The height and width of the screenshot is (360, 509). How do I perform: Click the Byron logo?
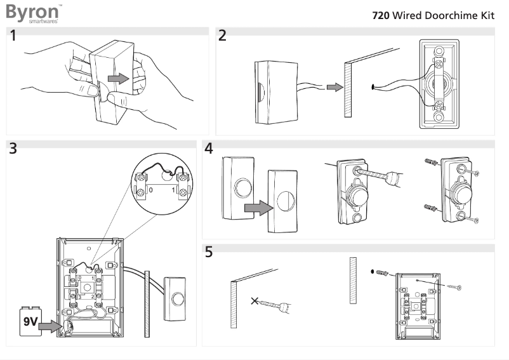33,13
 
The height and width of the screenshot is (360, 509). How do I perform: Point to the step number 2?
222,36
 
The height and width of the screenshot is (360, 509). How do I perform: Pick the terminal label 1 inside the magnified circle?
173,190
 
